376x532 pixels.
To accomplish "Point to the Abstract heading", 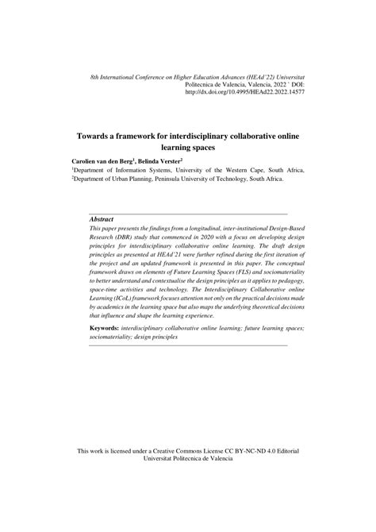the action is tap(102, 219).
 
